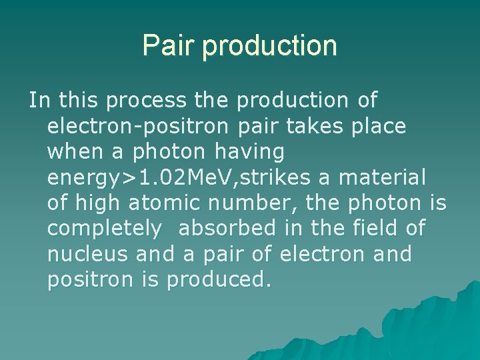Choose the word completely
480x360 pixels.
coord(105,229)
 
